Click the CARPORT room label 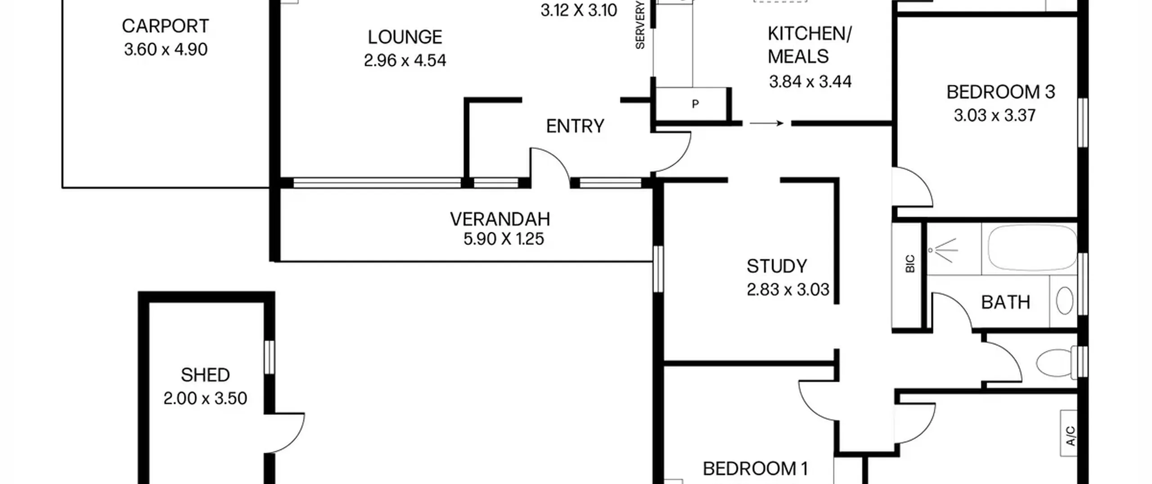(165, 26)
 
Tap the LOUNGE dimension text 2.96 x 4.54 (405, 60)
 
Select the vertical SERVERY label (640, 25)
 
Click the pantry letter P (695, 104)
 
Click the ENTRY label (575, 126)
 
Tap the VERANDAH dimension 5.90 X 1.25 (504, 239)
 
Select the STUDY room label (777, 266)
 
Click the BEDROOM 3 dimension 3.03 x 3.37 (994, 115)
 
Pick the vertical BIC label (910, 264)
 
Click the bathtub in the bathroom (1032, 248)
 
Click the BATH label (1005, 302)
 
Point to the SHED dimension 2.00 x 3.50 (205, 398)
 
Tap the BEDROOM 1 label (755, 469)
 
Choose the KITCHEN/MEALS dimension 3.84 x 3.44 (810, 81)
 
